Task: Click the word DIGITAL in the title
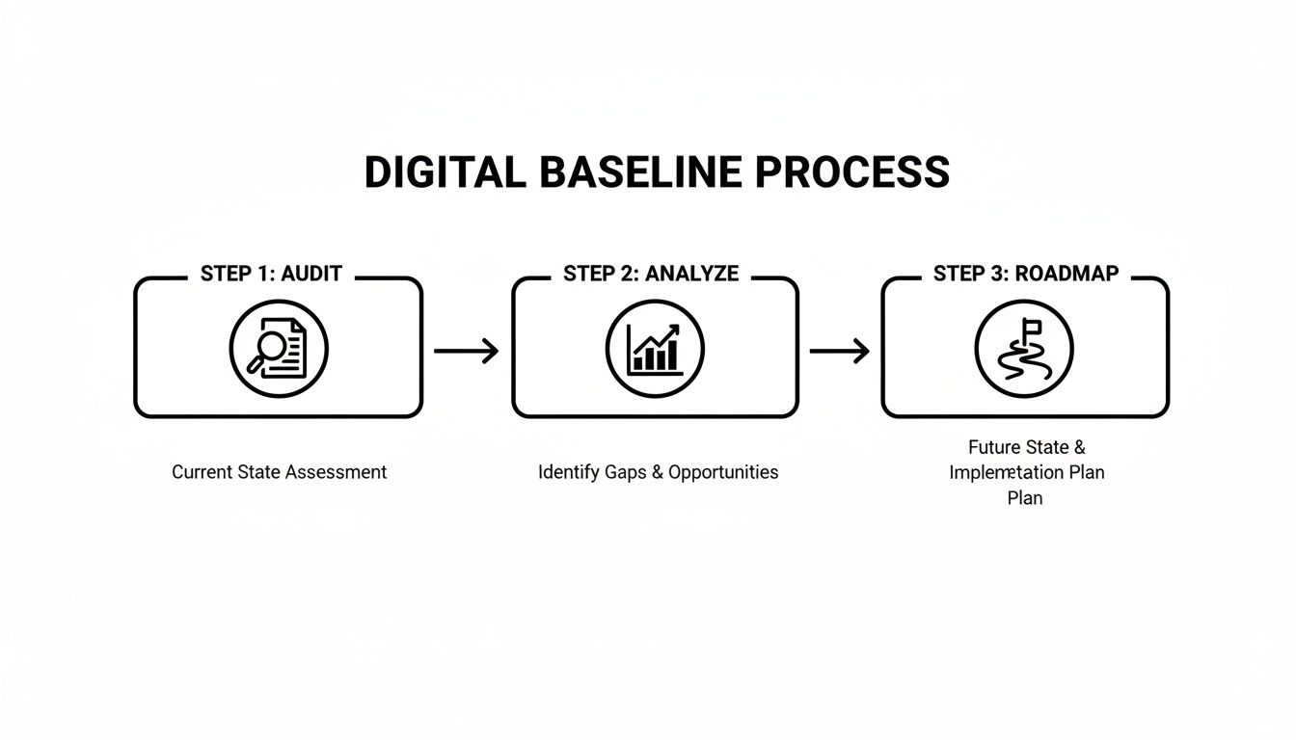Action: click(x=445, y=172)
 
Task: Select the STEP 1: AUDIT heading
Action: click(x=271, y=274)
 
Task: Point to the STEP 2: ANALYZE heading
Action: click(x=651, y=274)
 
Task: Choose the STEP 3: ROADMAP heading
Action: click(x=1026, y=274)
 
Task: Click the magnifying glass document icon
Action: click(x=279, y=349)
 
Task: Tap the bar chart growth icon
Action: click(x=655, y=349)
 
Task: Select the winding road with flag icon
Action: click(x=1024, y=349)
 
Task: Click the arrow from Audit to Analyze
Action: click(x=466, y=351)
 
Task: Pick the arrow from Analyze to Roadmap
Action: click(x=839, y=351)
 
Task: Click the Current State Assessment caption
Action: click(x=279, y=472)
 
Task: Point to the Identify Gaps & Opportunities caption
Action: click(x=658, y=472)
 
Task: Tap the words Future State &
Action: click(x=1027, y=448)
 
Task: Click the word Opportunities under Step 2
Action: click(x=723, y=472)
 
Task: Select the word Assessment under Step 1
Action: click(x=341, y=472)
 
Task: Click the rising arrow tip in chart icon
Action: click(x=675, y=329)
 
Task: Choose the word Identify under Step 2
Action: click(x=568, y=472)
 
